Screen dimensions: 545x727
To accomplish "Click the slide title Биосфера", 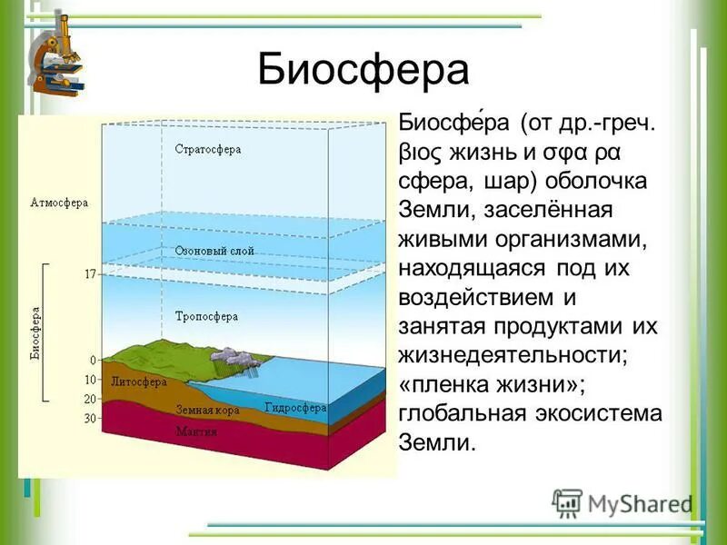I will (x=363, y=70).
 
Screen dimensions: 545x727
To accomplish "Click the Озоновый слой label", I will (x=214, y=251).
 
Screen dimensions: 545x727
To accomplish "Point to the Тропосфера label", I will (x=206, y=316).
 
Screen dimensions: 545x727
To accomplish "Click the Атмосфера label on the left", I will (x=59, y=203).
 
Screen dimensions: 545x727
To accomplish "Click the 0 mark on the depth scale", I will (x=93, y=361).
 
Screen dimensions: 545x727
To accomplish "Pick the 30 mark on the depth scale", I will (x=89, y=419).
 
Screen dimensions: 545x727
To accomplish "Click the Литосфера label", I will (x=135, y=381).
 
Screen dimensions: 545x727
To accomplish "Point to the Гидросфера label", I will (x=295, y=408).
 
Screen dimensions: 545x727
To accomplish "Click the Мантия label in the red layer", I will (x=196, y=431).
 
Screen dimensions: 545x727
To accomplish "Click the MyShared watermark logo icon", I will (x=567, y=502).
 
